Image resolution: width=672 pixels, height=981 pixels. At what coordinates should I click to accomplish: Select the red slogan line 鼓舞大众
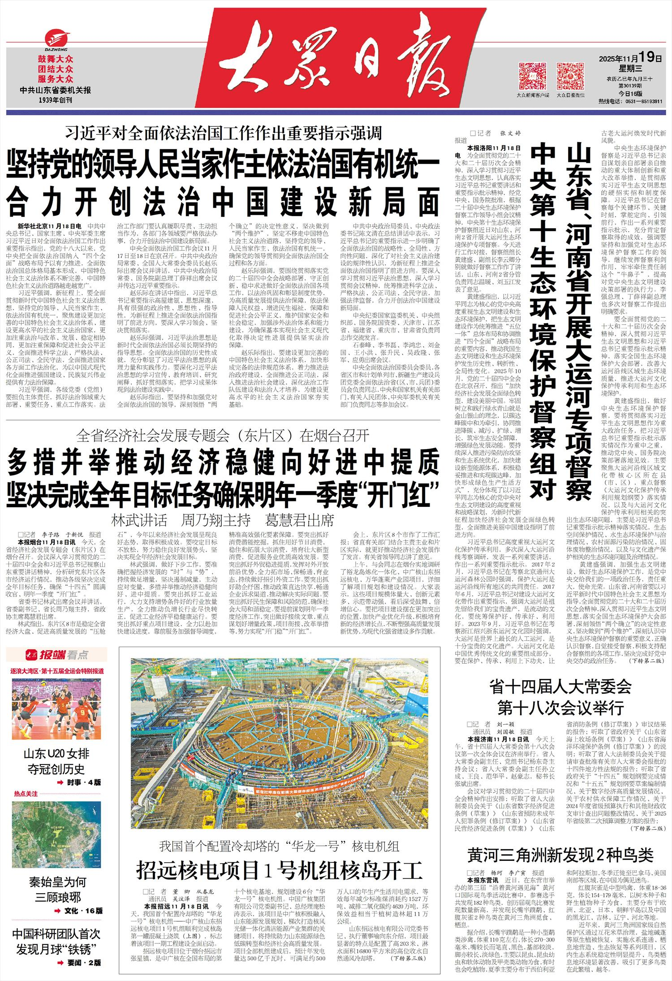[55, 59]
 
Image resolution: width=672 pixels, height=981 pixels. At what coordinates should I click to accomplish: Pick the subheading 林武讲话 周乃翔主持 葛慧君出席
[223, 520]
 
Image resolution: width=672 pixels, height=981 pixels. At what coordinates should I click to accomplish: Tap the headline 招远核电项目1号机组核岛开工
[280, 870]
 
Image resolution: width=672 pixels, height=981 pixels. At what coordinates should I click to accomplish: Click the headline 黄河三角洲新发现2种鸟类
[560, 855]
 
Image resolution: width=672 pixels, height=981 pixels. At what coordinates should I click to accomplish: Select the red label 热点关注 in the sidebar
[26, 794]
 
